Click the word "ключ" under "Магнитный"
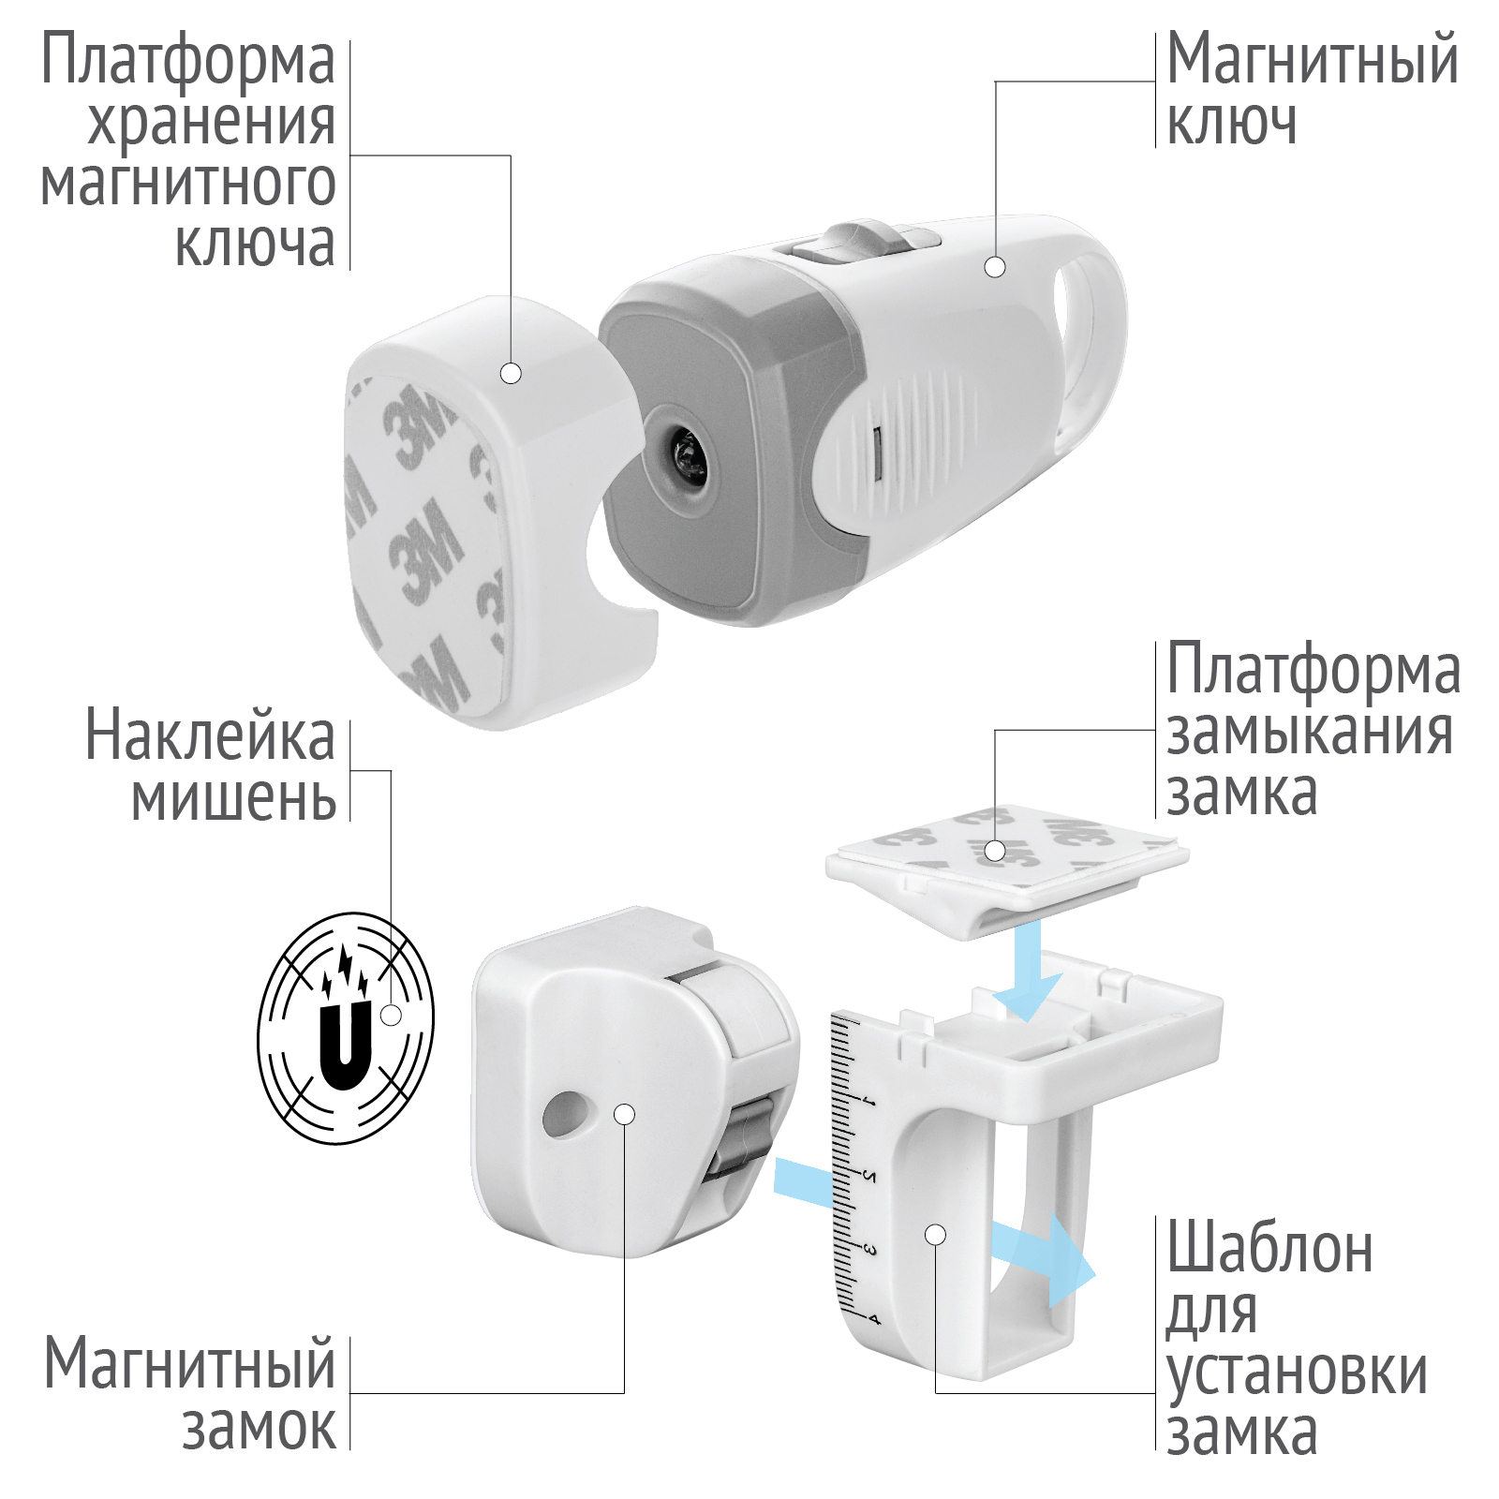(x=1231, y=122)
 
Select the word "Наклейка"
(x=210, y=735)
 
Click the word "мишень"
(x=233, y=797)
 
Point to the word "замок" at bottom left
(x=259, y=1427)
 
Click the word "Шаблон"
(x=1269, y=1248)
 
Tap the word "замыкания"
(x=1310, y=734)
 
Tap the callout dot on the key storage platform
(x=511, y=373)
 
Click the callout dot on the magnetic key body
(x=995, y=267)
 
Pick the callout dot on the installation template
(x=935, y=1235)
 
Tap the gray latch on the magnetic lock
(x=742, y=1136)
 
